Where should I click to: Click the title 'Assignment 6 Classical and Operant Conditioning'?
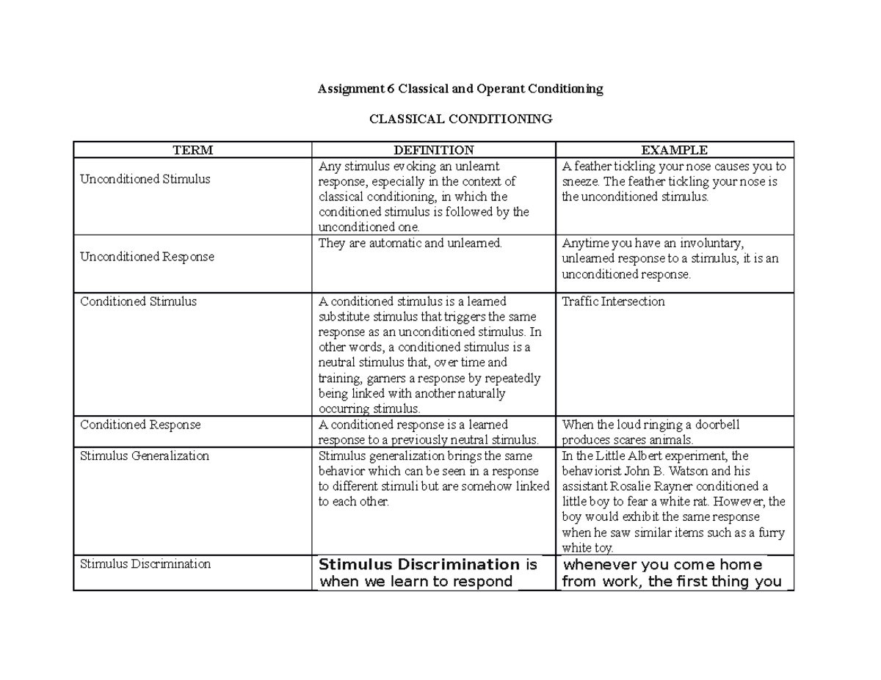[x=460, y=89]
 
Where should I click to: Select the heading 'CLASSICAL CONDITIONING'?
[x=460, y=119]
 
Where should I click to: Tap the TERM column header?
[x=192, y=150]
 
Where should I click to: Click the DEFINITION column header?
[x=434, y=150]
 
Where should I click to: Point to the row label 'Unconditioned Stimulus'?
[x=145, y=179]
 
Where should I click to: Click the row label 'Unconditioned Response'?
[x=147, y=257]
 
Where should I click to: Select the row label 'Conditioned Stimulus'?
[x=138, y=301]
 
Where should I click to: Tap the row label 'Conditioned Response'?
[x=140, y=425]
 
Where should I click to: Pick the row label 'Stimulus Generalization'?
[x=145, y=456]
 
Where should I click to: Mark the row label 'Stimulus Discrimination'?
[x=145, y=564]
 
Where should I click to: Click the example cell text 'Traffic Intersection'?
[x=613, y=301]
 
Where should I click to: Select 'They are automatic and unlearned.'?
[x=410, y=244]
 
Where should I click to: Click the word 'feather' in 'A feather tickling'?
[x=590, y=166]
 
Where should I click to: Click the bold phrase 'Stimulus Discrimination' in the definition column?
[x=418, y=565]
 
